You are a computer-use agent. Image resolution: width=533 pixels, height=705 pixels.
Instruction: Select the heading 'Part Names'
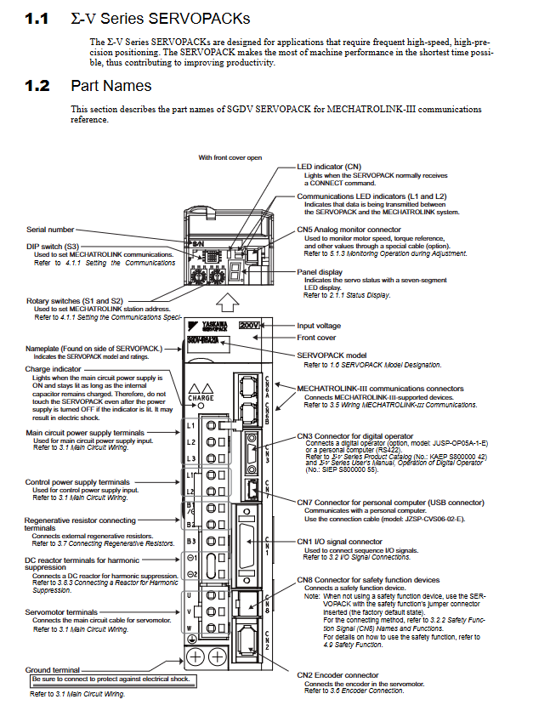pyautogui.click(x=111, y=86)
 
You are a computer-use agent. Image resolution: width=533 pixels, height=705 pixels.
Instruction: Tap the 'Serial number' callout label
pyautogui.click(x=50, y=230)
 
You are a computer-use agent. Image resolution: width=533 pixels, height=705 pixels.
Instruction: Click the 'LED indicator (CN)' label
pyautogui.click(x=329, y=168)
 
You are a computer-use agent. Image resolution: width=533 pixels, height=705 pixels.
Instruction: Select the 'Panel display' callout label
pyautogui.click(x=319, y=272)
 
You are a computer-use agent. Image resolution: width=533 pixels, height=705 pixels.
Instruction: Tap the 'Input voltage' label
pyautogui.click(x=318, y=326)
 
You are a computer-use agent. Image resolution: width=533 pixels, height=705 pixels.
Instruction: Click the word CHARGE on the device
pyautogui.click(x=201, y=397)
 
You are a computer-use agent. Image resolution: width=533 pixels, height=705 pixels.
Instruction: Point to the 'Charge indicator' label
pyautogui.click(x=53, y=369)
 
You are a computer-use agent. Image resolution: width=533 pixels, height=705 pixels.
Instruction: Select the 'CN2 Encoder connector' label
pyautogui.click(x=337, y=675)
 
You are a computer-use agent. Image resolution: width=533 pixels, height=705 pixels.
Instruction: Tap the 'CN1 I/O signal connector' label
pyautogui.click(x=339, y=542)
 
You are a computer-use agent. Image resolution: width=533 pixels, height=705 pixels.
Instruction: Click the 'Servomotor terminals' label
pyautogui.click(x=61, y=612)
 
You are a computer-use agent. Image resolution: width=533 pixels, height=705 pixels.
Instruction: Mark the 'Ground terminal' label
pyautogui.click(x=53, y=670)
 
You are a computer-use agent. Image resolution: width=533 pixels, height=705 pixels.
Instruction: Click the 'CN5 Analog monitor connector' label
pyautogui.click(x=349, y=230)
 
